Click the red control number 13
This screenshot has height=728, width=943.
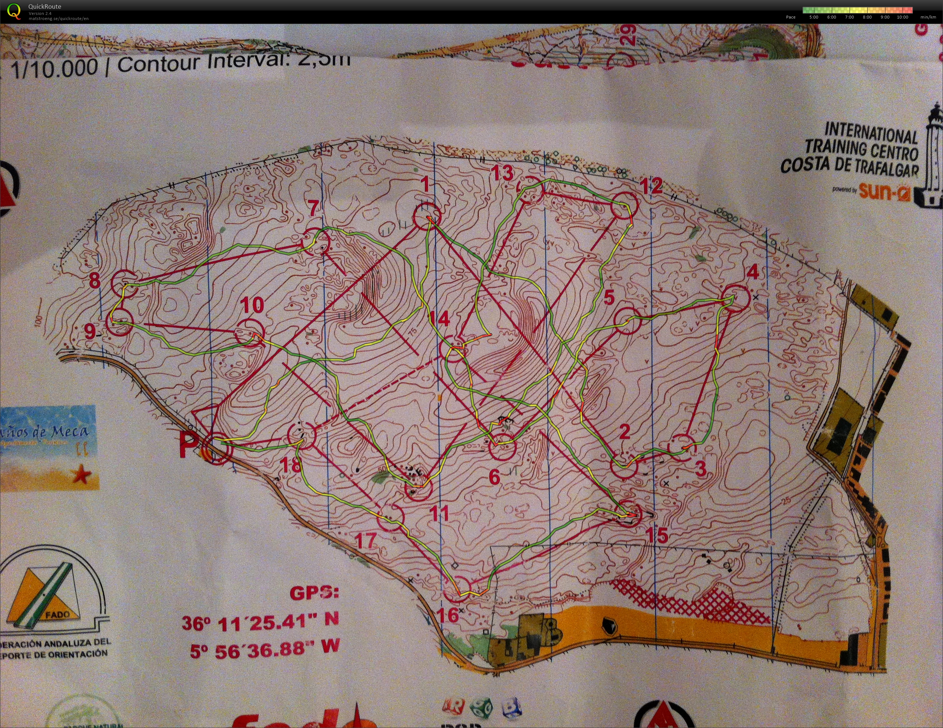click(503, 173)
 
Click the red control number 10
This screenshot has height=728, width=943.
click(252, 305)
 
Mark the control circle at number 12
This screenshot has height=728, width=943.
click(624, 205)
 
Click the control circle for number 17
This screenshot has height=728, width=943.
click(390, 517)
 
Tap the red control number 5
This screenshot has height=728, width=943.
click(609, 298)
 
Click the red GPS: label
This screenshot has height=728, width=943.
click(314, 593)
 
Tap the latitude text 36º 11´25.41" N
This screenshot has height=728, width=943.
click(260, 622)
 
